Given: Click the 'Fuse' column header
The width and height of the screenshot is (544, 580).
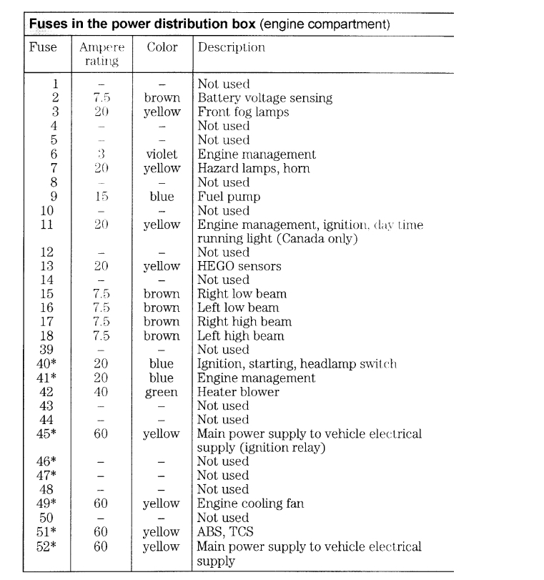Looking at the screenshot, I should point(42,48).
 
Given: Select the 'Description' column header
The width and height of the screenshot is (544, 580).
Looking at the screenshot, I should point(231,48).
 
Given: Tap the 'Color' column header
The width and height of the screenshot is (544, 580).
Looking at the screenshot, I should point(162,48).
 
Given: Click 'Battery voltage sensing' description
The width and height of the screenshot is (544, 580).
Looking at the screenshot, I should point(264,97).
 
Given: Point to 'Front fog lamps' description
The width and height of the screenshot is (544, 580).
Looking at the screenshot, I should point(242,112).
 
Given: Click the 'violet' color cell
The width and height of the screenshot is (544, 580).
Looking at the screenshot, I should point(162,154).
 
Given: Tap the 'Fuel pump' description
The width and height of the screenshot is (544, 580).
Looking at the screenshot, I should point(225,196).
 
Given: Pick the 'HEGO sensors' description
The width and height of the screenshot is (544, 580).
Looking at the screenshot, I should point(239,266).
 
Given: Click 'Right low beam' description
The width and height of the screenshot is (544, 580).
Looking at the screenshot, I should point(242,294).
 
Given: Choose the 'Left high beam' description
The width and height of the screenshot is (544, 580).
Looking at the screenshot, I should point(241,335).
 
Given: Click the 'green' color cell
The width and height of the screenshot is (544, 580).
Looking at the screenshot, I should point(162,392).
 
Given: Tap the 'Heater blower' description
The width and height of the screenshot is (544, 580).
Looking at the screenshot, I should point(238,392).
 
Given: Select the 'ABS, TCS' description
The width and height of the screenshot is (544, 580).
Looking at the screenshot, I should point(226,531).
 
